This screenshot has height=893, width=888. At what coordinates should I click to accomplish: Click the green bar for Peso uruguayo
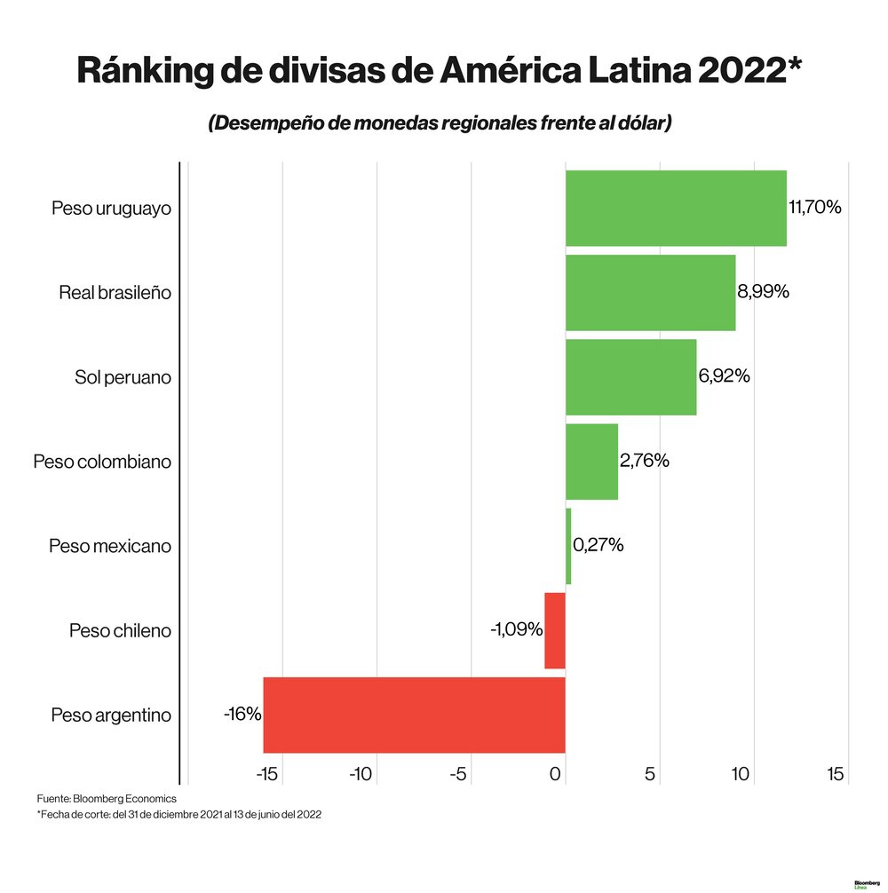pyautogui.click(x=675, y=208)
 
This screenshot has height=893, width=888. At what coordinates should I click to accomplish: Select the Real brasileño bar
pyautogui.click(x=650, y=292)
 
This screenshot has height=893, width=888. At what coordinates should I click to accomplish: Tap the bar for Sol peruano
pyautogui.click(x=630, y=376)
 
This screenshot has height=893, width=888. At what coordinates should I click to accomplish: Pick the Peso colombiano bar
pyautogui.click(x=591, y=462)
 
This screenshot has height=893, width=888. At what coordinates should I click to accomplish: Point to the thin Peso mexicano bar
pyautogui.click(x=568, y=546)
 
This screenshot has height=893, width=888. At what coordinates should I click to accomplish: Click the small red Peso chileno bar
pyautogui.click(x=555, y=630)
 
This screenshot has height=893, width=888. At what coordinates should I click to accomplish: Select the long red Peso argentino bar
pyautogui.click(x=414, y=715)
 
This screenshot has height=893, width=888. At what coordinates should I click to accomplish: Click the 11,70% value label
pyautogui.click(x=814, y=208)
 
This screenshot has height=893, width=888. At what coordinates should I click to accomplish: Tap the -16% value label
pyautogui.click(x=242, y=714)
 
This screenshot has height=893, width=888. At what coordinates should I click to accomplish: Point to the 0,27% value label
pyautogui.click(x=598, y=545)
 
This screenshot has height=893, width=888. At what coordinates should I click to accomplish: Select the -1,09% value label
pyautogui.click(x=516, y=629)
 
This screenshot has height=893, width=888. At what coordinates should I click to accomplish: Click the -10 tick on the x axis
pyautogui.click(x=360, y=774)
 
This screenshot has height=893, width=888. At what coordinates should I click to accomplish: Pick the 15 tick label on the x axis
pyautogui.click(x=835, y=774)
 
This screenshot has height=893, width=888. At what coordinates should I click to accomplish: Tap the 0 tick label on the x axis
pyautogui.click(x=556, y=774)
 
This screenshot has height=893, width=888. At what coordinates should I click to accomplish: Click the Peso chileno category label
pyautogui.click(x=120, y=631)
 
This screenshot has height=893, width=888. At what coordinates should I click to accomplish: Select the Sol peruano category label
pyautogui.click(x=123, y=377)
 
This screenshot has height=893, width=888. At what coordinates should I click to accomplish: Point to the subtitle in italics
pyautogui.click(x=440, y=123)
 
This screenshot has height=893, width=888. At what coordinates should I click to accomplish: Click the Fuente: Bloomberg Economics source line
pyautogui.click(x=107, y=798)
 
